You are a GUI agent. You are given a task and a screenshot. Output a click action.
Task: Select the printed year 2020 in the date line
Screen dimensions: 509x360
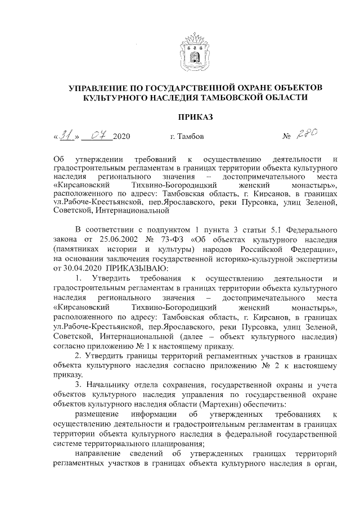click(121, 137)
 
